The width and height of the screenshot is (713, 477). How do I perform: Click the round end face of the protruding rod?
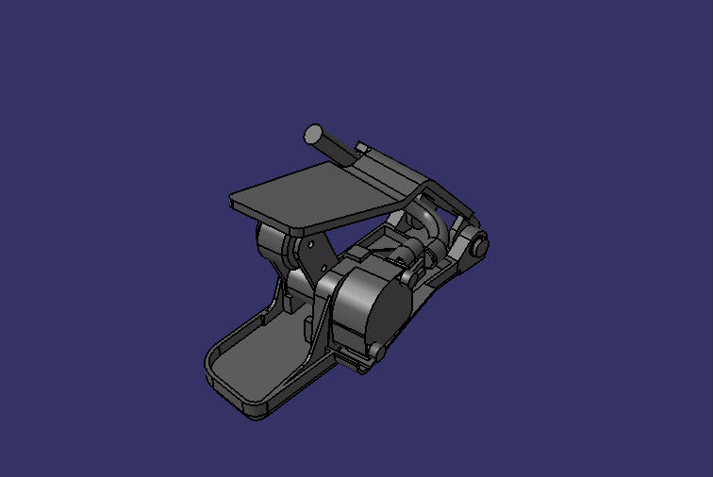[313, 134]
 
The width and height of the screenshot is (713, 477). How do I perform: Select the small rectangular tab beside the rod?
[362, 148]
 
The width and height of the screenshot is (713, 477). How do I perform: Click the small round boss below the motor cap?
[377, 352]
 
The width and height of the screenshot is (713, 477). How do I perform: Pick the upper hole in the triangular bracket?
[311, 244]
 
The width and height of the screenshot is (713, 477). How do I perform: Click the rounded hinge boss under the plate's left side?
[270, 241]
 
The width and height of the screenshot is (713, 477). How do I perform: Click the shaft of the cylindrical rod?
[336, 149]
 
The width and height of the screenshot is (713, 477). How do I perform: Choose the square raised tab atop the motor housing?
[361, 255]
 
